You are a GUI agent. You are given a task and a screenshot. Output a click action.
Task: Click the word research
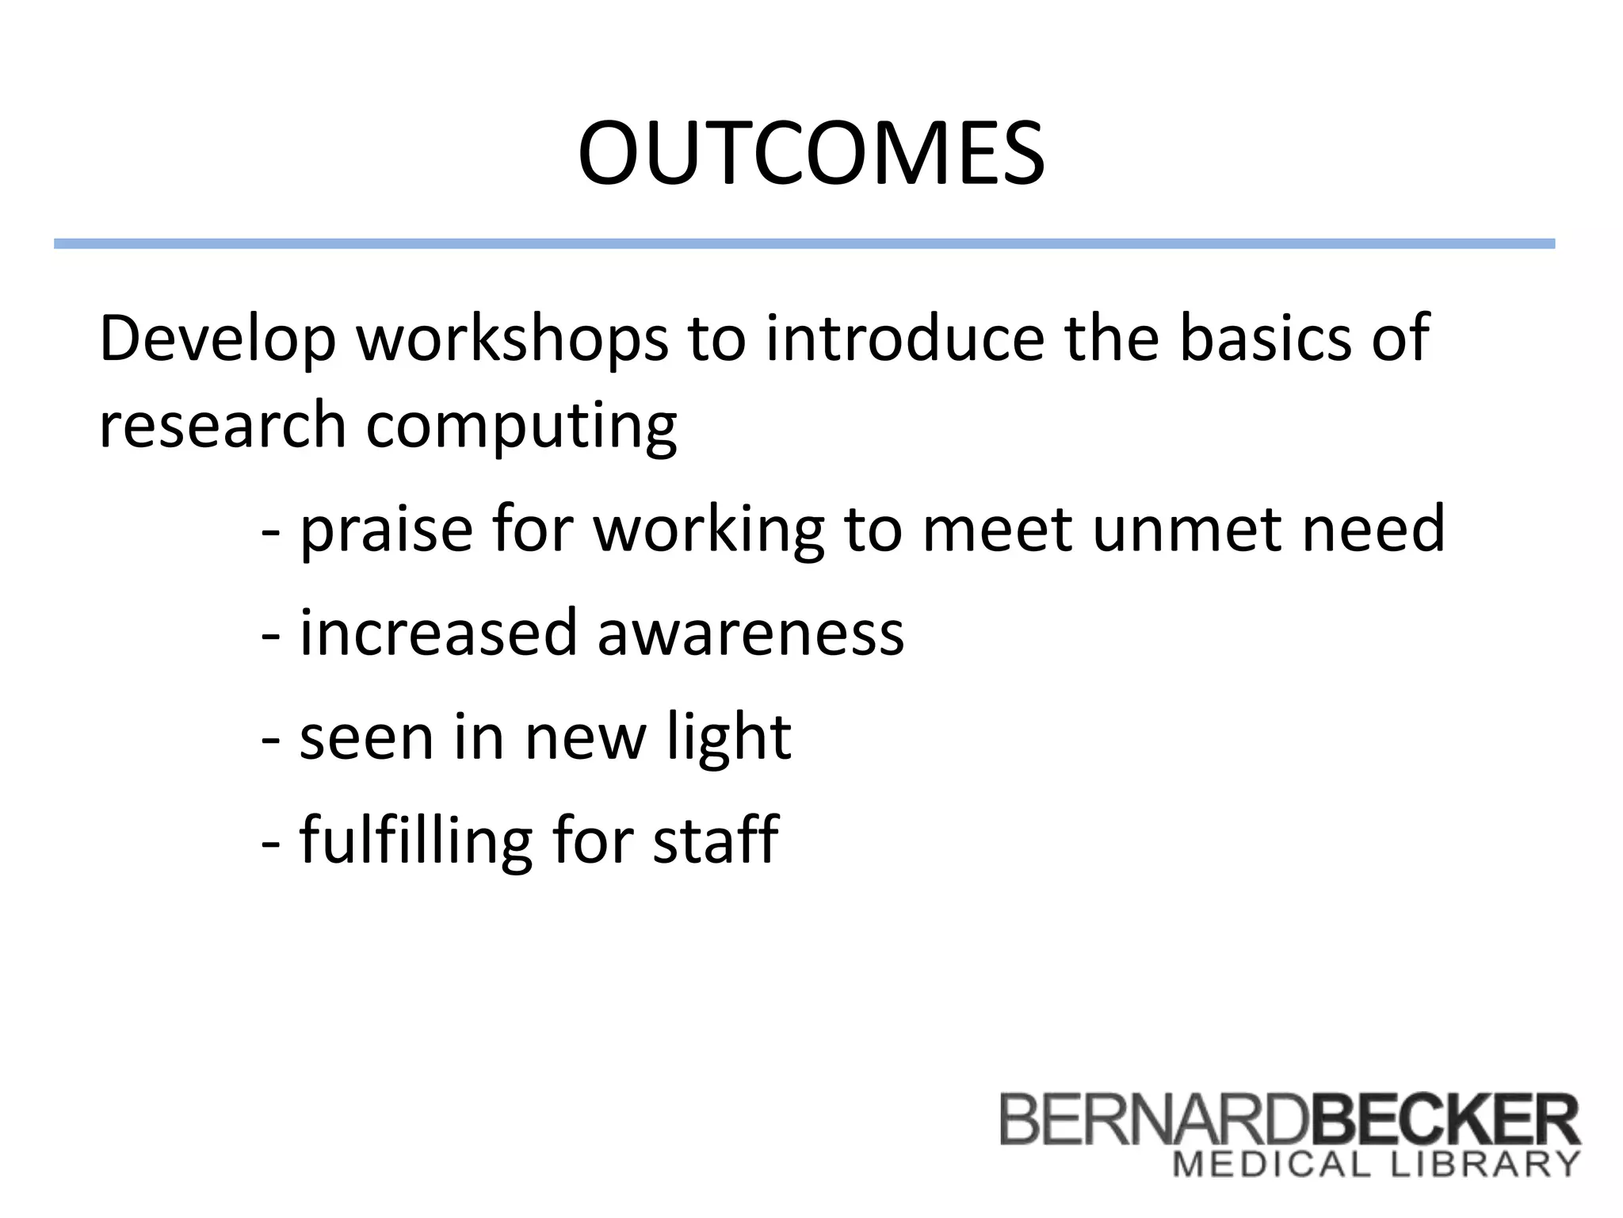tap(223, 425)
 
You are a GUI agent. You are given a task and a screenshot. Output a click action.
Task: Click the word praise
tap(386, 530)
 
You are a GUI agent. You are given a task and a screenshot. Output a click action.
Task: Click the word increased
tap(438, 633)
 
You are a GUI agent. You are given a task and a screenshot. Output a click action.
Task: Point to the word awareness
tap(750, 633)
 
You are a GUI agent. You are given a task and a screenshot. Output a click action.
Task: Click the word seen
tap(367, 737)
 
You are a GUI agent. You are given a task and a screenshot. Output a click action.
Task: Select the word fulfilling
tap(415, 841)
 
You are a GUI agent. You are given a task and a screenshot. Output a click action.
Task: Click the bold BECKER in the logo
tap(1445, 1119)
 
